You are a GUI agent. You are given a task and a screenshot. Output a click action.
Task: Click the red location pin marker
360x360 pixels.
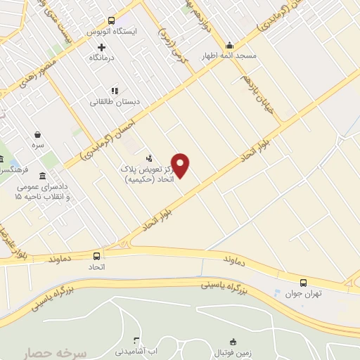pos(181,165)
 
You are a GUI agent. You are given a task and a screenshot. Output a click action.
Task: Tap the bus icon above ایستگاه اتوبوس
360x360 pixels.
pos(112,21)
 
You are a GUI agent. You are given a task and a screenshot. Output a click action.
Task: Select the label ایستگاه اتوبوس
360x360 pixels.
pos(112,32)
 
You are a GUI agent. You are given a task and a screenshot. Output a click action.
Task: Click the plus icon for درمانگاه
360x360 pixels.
pos(101,47)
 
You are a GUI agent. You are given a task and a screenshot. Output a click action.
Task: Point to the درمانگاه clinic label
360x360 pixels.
pos(103,58)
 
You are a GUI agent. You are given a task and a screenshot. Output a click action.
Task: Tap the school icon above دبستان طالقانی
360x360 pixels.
pos(115,90)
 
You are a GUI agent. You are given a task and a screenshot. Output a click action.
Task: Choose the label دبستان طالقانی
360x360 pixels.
pos(115,101)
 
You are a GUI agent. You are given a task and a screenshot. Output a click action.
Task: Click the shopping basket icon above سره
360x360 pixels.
pos(37,134)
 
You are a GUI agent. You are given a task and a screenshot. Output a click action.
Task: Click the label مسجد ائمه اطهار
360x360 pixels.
pos(229,56)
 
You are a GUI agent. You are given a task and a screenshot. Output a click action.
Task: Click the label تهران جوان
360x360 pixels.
pos(303,293)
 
